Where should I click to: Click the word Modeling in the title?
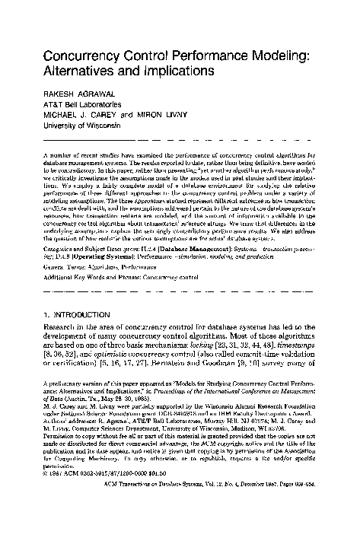click(x=287, y=55)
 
